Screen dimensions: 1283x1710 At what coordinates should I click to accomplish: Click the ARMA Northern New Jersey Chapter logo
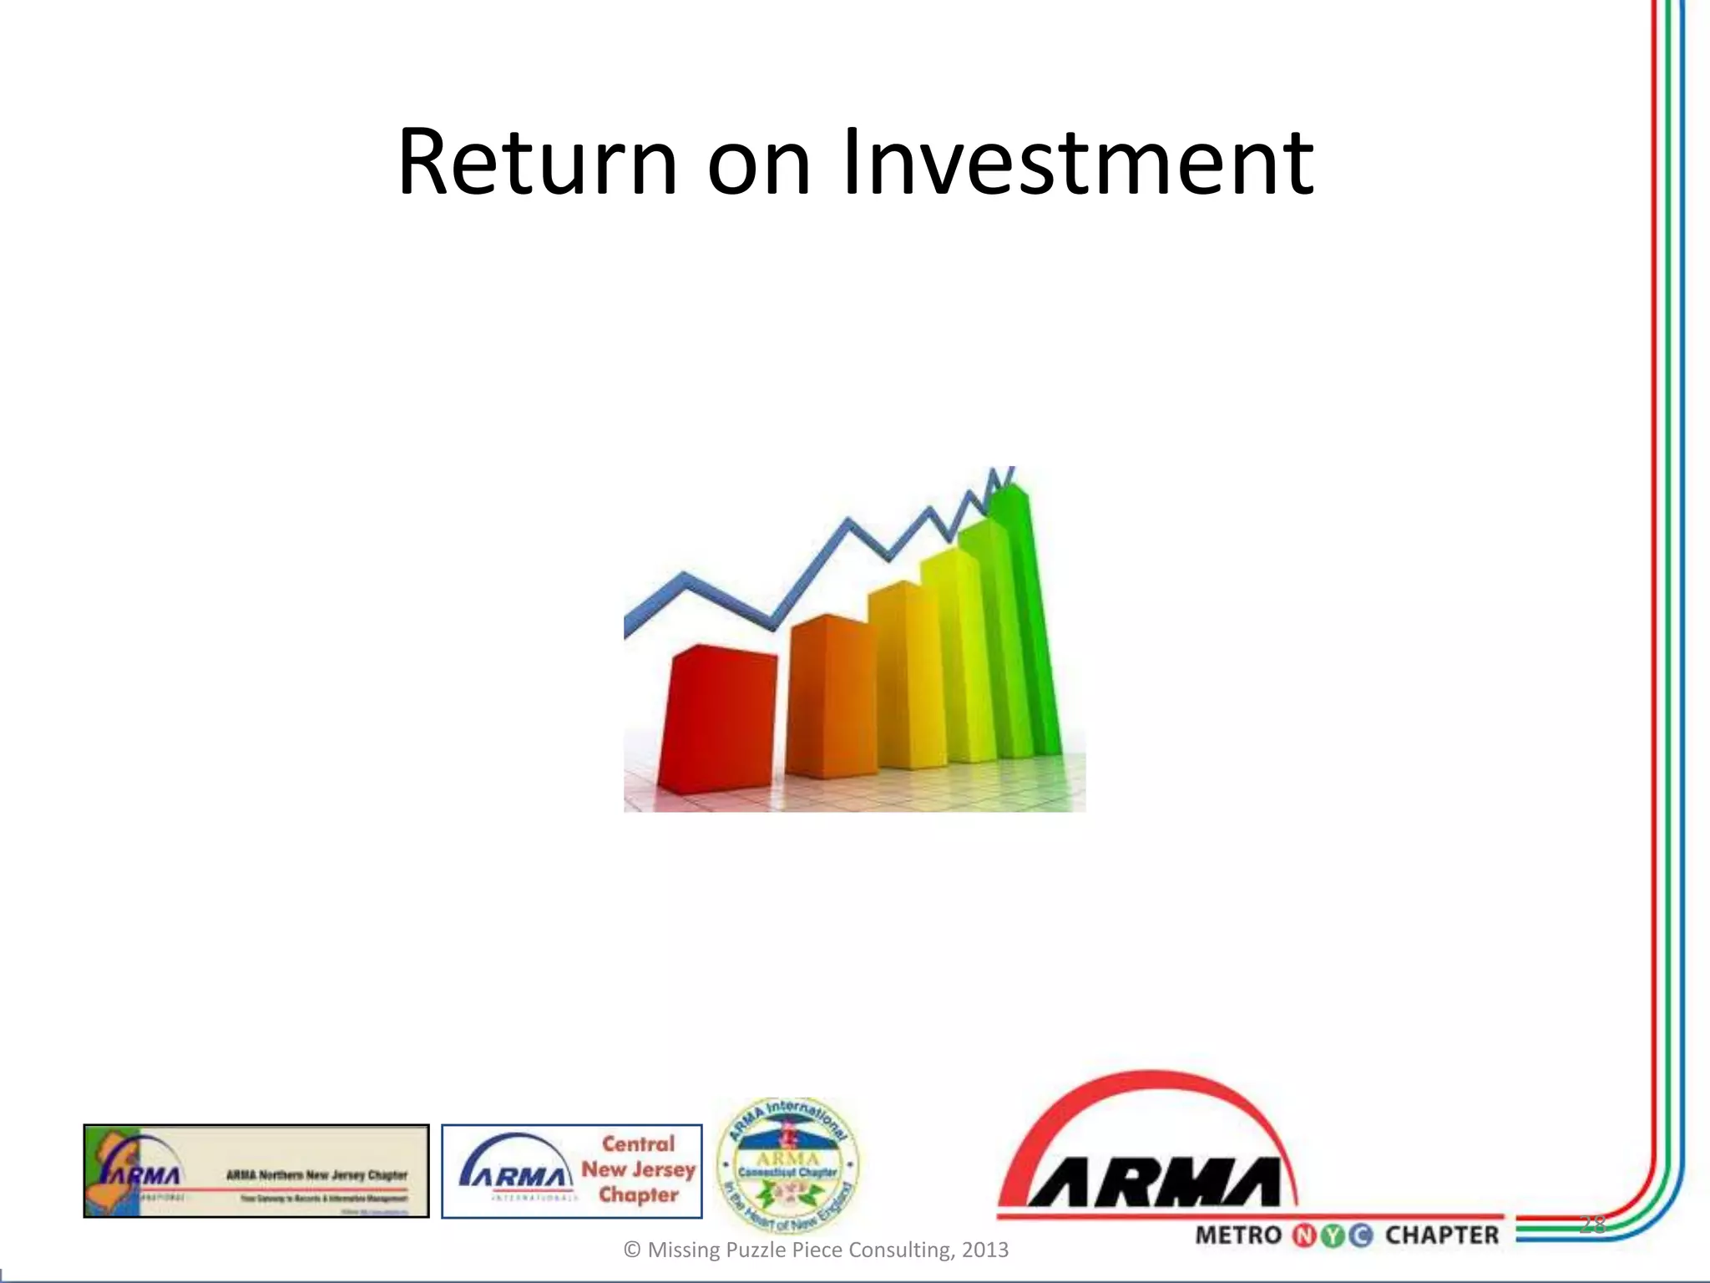pyautogui.click(x=255, y=1171)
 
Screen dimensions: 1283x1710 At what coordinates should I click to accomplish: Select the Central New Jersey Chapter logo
pyautogui.click(x=572, y=1171)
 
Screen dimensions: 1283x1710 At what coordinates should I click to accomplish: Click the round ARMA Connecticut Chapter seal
pyautogui.click(x=787, y=1164)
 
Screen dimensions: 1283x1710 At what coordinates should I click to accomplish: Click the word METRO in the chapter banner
pyautogui.click(x=1237, y=1235)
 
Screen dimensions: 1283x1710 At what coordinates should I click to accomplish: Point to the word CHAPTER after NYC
pyautogui.click(x=1443, y=1235)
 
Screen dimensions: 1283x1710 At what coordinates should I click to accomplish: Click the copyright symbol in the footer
pyautogui.click(x=632, y=1250)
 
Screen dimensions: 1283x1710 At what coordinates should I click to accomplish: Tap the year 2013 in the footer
pyautogui.click(x=985, y=1250)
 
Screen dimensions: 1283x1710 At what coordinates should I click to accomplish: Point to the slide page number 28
pyautogui.click(x=1592, y=1225)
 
